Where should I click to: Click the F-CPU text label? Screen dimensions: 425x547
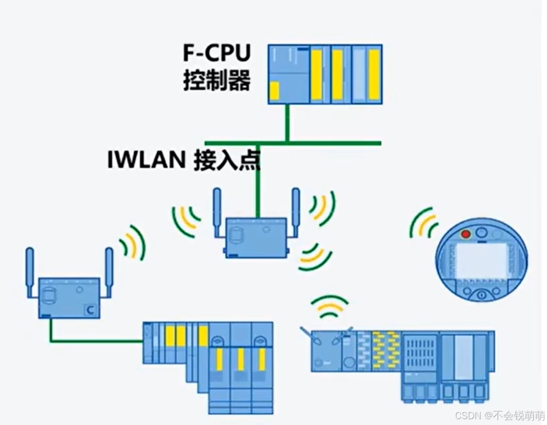click(x=217, y=54)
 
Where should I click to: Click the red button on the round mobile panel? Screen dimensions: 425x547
click(x=465, y=234)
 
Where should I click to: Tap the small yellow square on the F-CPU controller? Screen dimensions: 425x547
click(x=274, y=91)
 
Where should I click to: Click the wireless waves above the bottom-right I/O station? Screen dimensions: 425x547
click(x=329, y=307)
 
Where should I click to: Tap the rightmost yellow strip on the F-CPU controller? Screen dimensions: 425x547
click(x=373, y=74)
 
